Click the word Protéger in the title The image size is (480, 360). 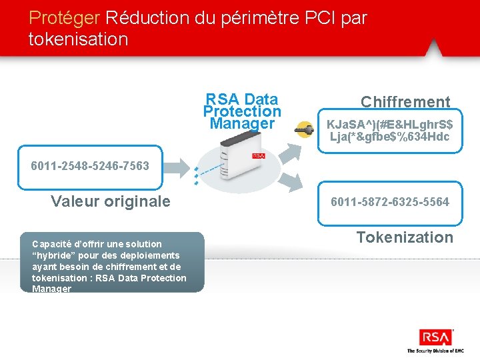tap(65, 17)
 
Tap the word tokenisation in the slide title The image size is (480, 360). tap(78, 39)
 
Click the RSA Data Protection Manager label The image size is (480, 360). tap(242, 111)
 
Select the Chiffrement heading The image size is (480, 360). tap(405, 102)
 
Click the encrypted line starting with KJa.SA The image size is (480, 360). tap(389, 125)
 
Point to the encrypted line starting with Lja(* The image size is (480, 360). tap(389, 137)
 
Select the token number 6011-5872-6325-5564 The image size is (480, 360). tap(390, 201)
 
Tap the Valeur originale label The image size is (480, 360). tap(110, 201)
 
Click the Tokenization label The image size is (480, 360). tap(404, 237)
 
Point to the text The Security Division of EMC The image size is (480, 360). tap(435, 351)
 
